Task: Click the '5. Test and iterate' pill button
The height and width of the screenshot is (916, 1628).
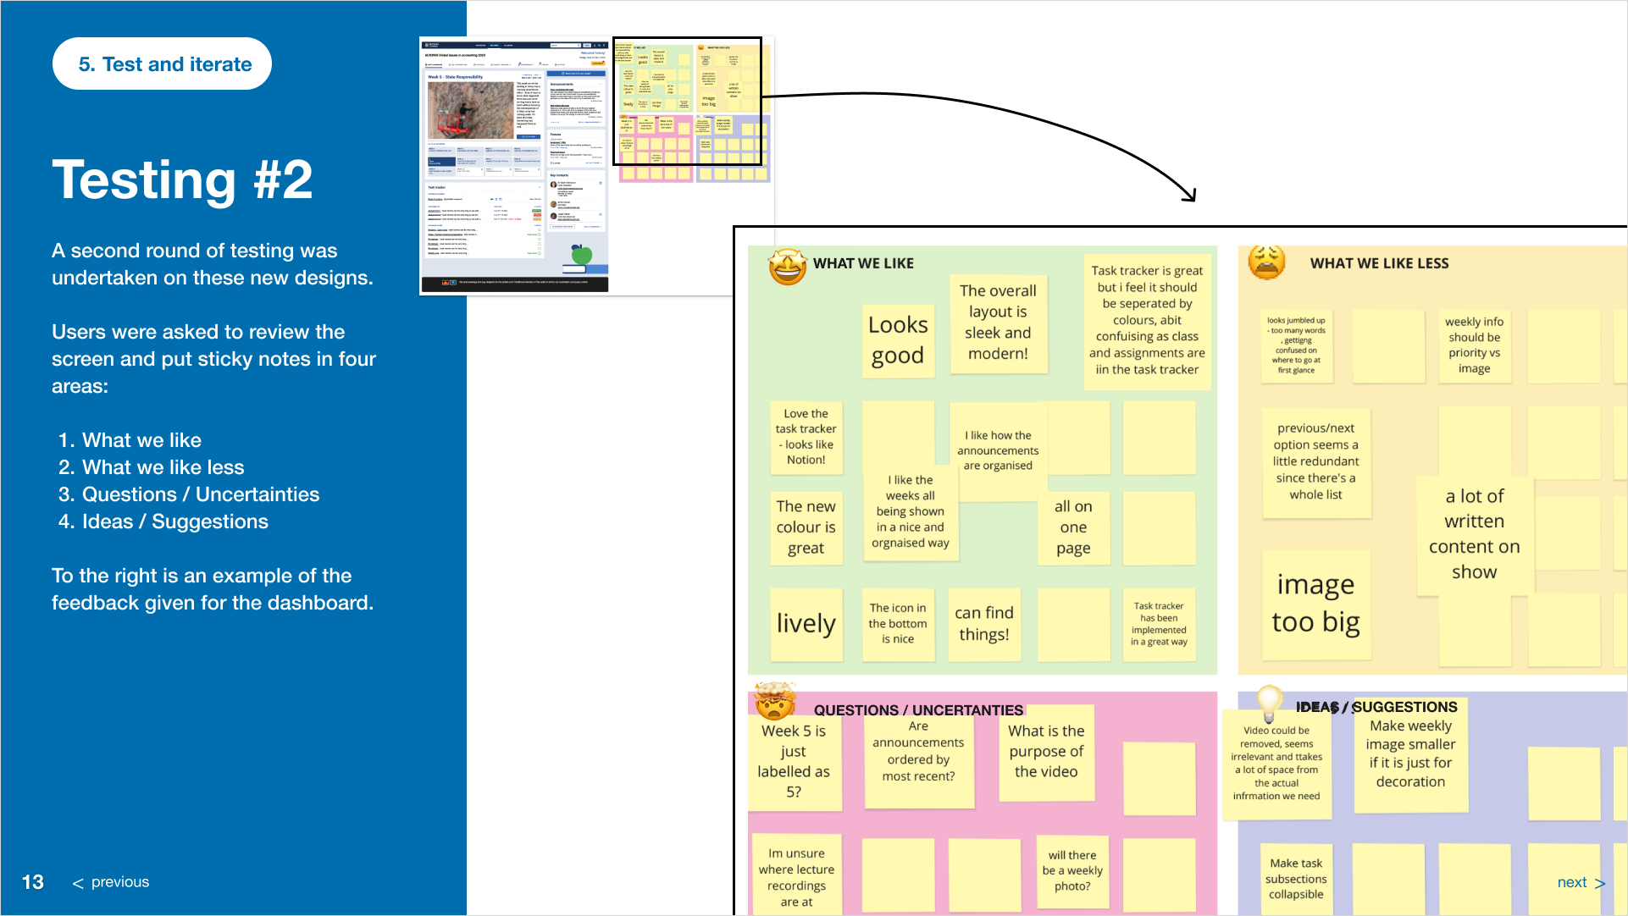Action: click(x=162, y=64)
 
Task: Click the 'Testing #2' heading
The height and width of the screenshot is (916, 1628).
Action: click(x=182, y=180)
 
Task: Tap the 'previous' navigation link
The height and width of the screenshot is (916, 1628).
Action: click(x=111, y=882)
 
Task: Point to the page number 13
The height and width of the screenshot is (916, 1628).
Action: click(x=32, y=882)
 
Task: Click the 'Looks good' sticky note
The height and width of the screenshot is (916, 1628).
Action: click(x=898, y=340)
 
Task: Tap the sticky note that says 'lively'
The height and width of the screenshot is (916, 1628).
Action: click(x=806, y=624)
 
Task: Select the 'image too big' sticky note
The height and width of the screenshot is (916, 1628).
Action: click(x=1315, y=604)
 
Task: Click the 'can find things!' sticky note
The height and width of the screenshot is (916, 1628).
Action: click(x=983, y=624)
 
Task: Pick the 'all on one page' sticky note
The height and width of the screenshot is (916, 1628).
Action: click(x=1073, y=527)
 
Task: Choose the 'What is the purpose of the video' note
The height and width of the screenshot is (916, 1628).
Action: click(x=1046, y=752)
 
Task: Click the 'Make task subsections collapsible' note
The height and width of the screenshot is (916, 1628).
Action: click(x=1296, y=879)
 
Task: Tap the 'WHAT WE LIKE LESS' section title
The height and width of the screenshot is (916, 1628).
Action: click(x=1379, y=263)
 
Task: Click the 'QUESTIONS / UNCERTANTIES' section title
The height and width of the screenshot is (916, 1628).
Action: click(x=918, y=709)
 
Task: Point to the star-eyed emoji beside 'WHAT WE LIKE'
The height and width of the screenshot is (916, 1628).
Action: click(x=787, y=267)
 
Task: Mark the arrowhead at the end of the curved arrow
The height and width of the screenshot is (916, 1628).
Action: click(x=1192, y=196)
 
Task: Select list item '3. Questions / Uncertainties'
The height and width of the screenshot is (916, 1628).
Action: click(x=189, y=494)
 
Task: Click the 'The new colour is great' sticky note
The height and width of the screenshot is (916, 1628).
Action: click(x=806, y=527)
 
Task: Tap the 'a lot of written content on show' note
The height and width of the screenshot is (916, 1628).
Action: click(x=1474, y=534)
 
